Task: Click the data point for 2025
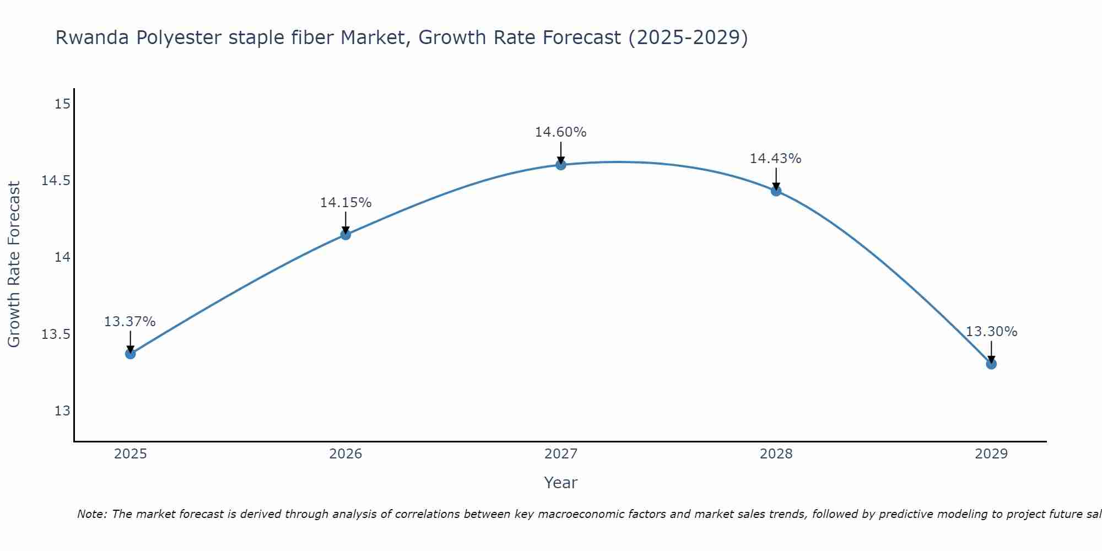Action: [131, 354]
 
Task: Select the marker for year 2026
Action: [345, 235]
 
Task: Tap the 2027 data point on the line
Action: [561, 165]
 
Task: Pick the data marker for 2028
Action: [776, 191]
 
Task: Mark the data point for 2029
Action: [991, 364]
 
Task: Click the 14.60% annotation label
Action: [560, 132]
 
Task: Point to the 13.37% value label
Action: [130, 321]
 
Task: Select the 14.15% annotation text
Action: [345, 203]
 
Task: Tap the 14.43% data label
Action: [775, 159]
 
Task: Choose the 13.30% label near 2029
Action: [991, 332]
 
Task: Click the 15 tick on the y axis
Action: [63, 104]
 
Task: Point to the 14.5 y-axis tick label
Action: [56, 181]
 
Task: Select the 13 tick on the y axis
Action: [63, 411]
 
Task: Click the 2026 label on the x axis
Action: [345, 454]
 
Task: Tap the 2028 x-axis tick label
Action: [776, 454]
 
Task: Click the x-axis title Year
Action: [560, 483]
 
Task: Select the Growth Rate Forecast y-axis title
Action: [14, 264]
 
